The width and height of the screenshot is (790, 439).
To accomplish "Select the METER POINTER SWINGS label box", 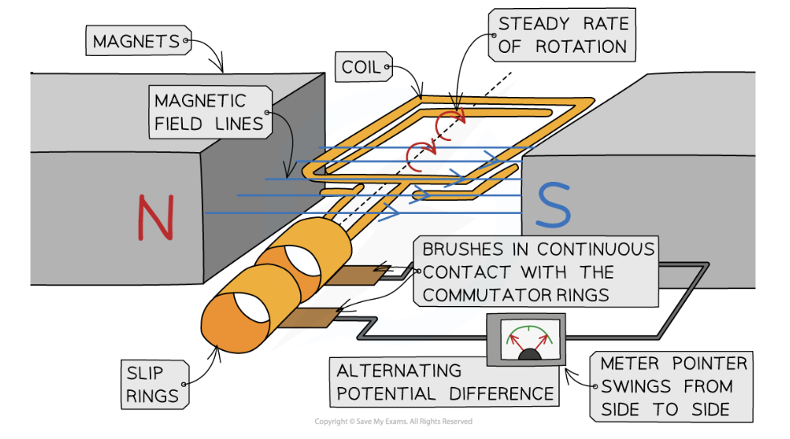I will click(x=672, y=386).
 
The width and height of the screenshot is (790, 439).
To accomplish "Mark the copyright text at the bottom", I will click(x=393, y=421).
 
